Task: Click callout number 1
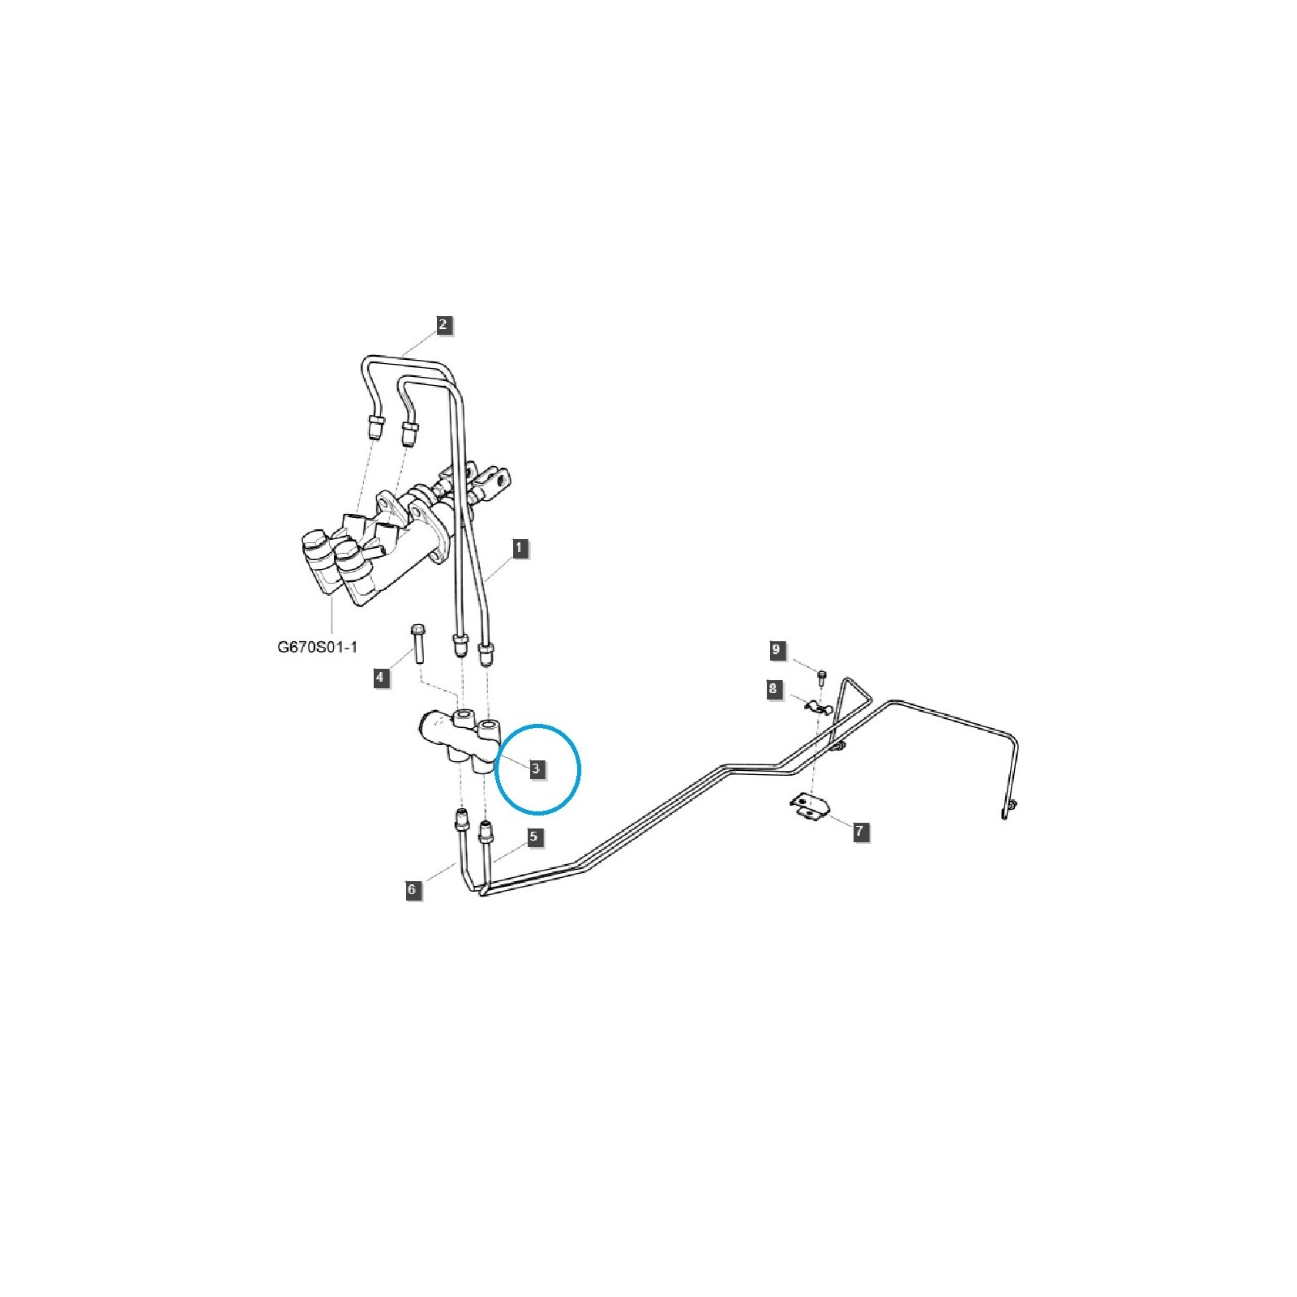pos(519,548)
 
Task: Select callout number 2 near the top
pos(443,325)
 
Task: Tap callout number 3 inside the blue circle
pos(536,768)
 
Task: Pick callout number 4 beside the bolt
pos(382,678)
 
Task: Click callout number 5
pos(533,837)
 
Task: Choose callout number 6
pos(413,890)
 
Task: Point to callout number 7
pos(860,831)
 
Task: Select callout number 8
pos(773,690)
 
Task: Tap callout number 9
pos(777,650)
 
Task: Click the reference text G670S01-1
pos(317,648)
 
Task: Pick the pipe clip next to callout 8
pos(819,707)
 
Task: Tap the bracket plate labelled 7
pos(807,806)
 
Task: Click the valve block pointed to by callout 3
pos(459,740)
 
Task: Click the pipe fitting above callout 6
pos(461,820)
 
